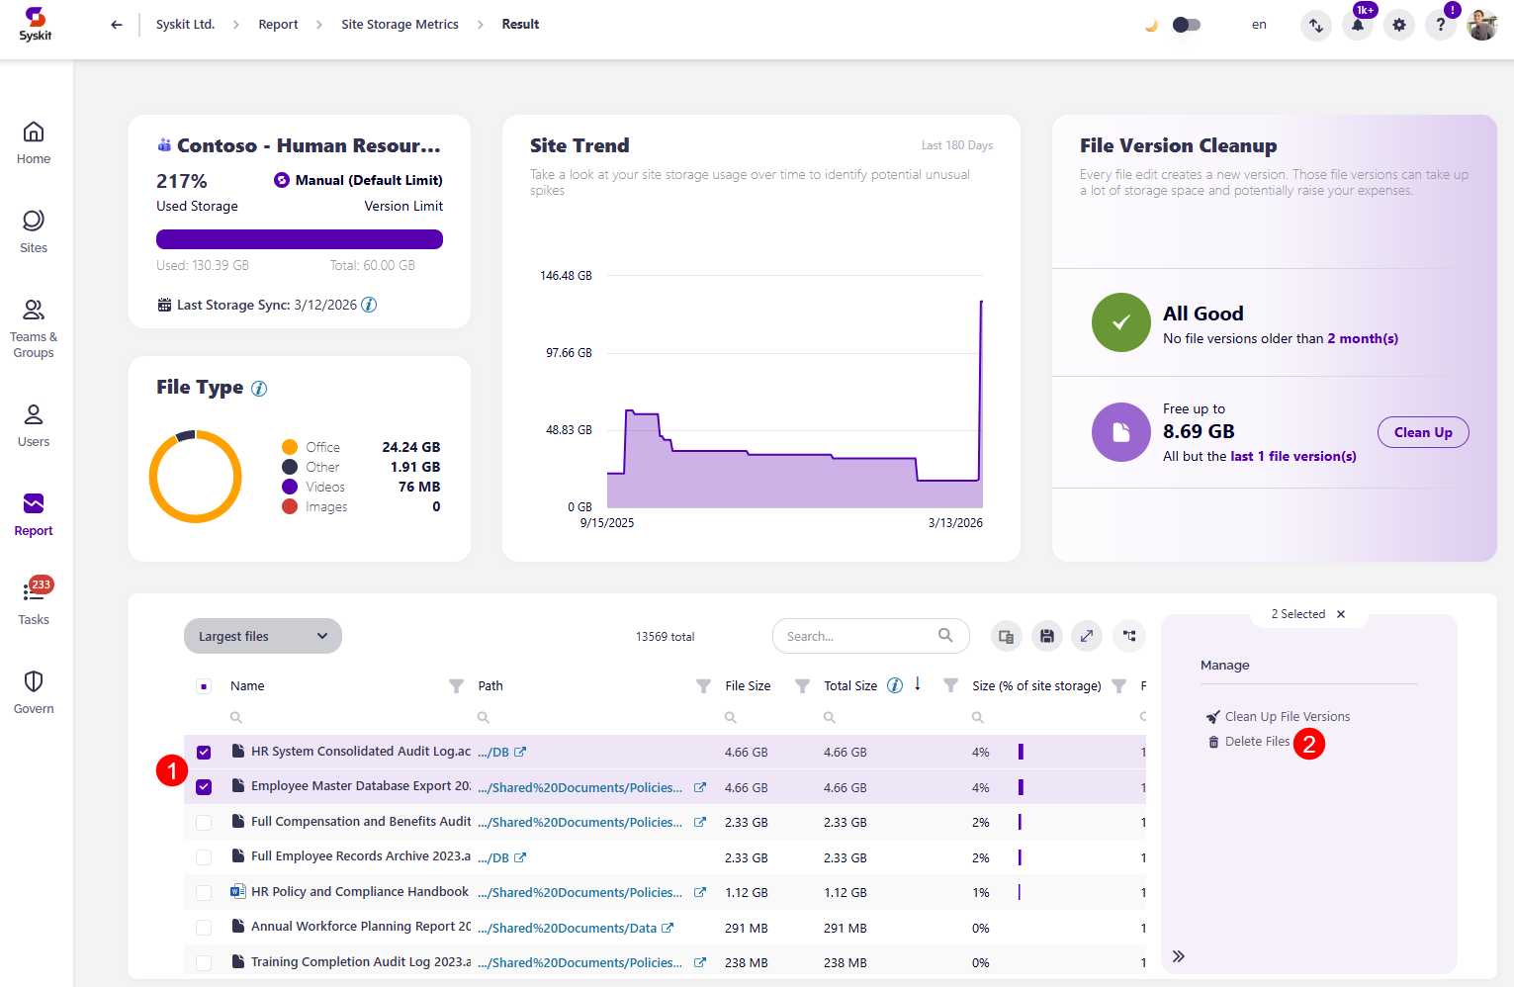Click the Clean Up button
point(1422,432)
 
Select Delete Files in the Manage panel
point(1256,742)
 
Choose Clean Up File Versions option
point(1286,717)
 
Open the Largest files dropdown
point(262,636)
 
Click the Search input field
point(858,636)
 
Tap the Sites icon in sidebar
point(34,230)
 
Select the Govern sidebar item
point(34,691)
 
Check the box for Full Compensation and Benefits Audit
point(204,823)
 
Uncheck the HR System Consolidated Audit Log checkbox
point(204,753)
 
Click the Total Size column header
point(850,685)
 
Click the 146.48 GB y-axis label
point(566,276)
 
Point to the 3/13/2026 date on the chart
point(954,523)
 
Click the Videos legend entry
point(324,487)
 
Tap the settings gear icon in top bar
point(1398,26)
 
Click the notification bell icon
point(1357,26)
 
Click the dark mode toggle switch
point(1186,25)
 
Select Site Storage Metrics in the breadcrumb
point(400,25)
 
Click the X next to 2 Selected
point(1341,614)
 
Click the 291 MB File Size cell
point(746,928)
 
